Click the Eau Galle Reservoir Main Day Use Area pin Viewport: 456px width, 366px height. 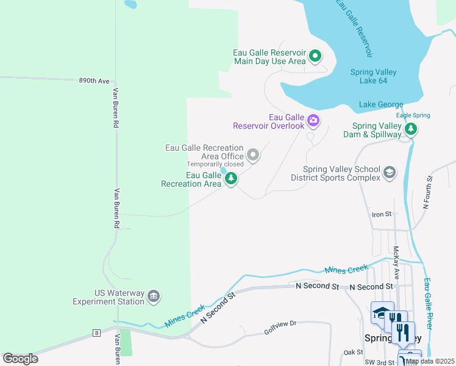pos(315,57)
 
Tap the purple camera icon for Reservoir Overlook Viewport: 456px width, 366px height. pos(313,120)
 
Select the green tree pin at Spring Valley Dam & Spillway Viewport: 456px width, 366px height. pos(411,129)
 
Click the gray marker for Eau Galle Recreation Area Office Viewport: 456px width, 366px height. pos(253,156)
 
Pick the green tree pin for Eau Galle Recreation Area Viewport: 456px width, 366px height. pos(230,179)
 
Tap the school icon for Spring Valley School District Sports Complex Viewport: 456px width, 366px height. pos(389,173)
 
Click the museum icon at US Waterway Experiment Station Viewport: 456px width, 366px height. pos(153,296)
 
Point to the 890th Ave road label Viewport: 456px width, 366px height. pos(94,81)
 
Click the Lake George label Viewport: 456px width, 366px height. pos(381,104)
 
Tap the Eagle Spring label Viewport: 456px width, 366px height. pos(413,115)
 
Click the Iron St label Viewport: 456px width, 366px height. pos(381,214)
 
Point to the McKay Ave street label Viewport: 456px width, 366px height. pos(396,262)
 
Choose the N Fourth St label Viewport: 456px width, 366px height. pos(429,193)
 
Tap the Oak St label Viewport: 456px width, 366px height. pos(353,352)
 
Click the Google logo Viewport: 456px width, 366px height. pos(20,359)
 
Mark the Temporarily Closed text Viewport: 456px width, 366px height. pos(215,164)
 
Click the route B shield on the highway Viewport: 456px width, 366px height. pos(96,333)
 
